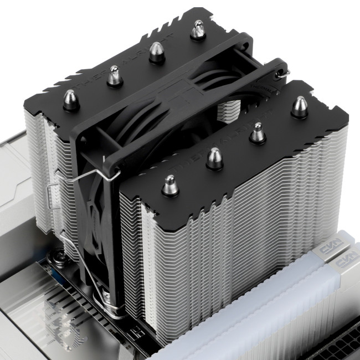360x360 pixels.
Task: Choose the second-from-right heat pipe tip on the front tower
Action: coord(257,133)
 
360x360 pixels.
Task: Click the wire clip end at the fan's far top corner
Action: coord(284,71)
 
